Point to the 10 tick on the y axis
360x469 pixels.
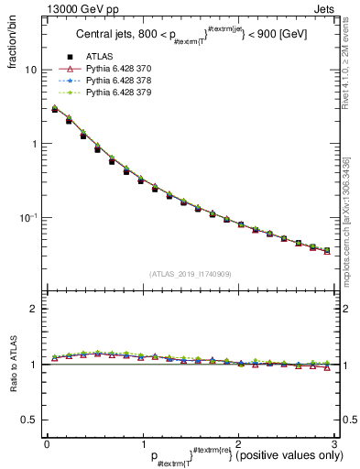point(27,71)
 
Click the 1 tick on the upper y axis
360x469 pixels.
point(30,145)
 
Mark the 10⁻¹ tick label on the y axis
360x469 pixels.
point(25,218)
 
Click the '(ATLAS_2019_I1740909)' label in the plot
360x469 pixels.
point(190,274)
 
